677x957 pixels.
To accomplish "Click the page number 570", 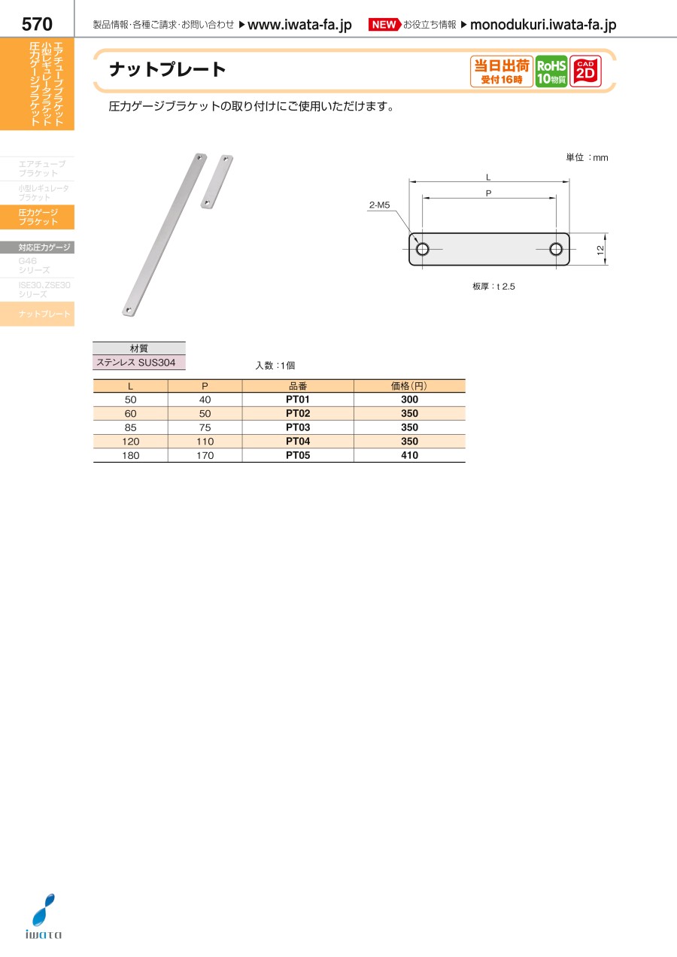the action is [x=37, y=24].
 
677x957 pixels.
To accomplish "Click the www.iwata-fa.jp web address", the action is [x=299, y=26].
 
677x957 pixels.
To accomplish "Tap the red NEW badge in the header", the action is [x=384, y=25].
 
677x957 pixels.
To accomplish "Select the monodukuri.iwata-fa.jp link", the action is [x=543, y=26].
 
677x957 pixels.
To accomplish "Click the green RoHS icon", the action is [x=551, y=71].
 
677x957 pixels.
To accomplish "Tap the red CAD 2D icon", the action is [x=585, y=71].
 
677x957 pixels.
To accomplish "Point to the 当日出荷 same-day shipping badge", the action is [x=502, y=71].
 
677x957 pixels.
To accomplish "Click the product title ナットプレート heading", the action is [x=168, y=70].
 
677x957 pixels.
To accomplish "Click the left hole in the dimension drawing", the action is [x=423, y=249].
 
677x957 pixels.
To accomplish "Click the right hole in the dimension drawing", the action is [x=556, y=249].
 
